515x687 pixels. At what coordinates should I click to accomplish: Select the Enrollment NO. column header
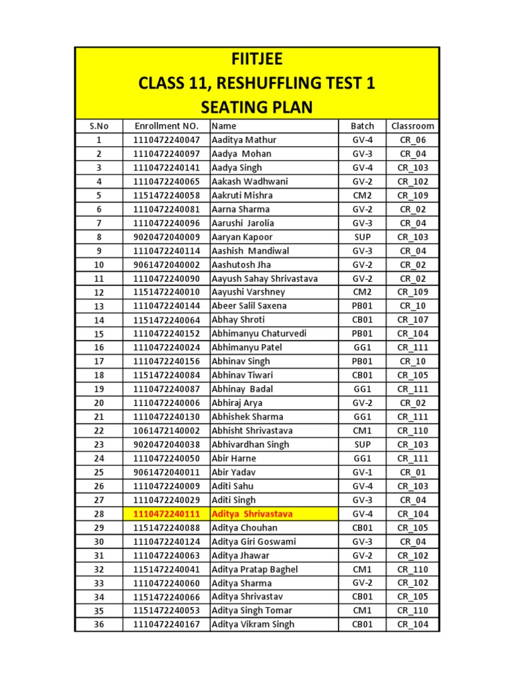click(x=166, y=125)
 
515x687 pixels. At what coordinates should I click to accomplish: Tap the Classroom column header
click(x=412, y=125)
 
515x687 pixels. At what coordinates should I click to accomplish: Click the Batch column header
click(x=362, y=125)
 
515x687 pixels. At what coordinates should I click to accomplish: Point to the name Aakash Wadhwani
click(x=249, y=181)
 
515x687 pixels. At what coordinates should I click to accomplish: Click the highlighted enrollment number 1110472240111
click(x=166, y=514)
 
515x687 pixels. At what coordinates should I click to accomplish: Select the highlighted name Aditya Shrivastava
click(x=252, y=514)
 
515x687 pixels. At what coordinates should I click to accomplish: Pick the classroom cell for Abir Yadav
click(x=412, y=472)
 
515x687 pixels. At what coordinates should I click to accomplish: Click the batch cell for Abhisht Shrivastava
click(x=362, y=431)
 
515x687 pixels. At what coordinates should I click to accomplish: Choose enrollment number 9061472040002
click(x=166, y=264)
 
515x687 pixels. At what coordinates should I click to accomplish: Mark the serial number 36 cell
click(x=99, y=625)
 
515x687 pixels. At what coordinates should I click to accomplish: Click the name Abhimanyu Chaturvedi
click(x=260, y=333)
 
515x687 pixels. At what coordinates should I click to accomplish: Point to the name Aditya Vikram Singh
click(x=253, y=625)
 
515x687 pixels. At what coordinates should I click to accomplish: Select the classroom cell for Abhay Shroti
click(x=412, y=320)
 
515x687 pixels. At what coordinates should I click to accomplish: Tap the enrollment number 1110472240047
click(x=166, y=140)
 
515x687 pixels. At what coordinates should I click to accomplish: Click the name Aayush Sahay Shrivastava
click(x=265, y=278)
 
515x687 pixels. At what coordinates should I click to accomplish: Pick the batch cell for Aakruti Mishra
click(x=362, y=195)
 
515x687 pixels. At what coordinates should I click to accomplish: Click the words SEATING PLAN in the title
click(x=257, y=107)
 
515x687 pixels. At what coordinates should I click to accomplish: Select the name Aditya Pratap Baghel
click(x=255, y=570)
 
